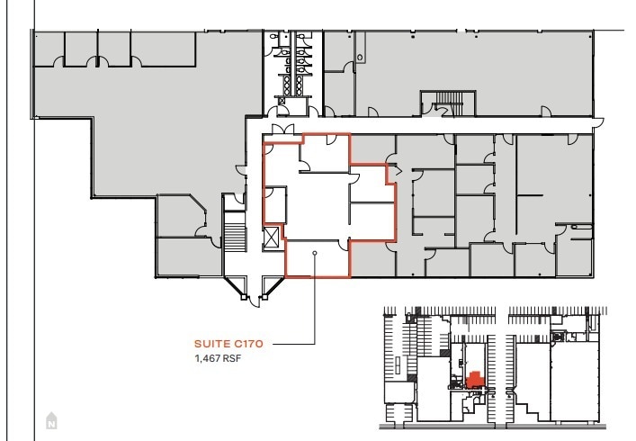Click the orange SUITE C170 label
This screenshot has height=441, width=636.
232,343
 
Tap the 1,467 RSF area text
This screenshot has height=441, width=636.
219,358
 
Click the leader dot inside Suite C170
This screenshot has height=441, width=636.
315,253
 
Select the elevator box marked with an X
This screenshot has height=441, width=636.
272,237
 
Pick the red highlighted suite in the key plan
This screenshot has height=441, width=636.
474,379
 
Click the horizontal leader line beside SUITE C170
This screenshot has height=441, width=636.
292,343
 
